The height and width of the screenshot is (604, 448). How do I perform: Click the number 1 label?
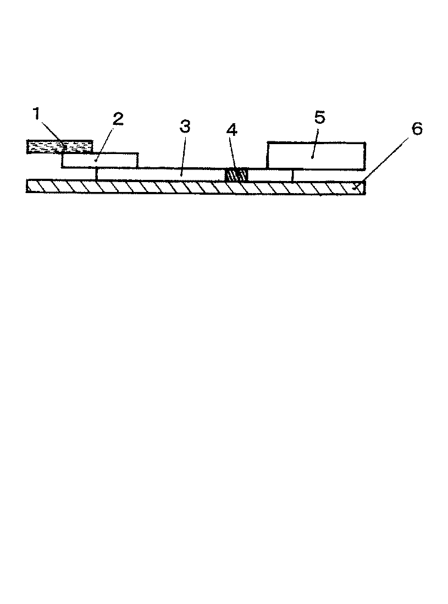(37, 114)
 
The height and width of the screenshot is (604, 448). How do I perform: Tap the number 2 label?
(118, 119)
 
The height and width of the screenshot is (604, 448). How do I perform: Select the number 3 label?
(185, 127)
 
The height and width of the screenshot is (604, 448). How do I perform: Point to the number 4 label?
(232, 130)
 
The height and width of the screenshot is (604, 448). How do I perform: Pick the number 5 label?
(320, 117)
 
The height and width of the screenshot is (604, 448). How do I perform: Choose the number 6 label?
(417, 129)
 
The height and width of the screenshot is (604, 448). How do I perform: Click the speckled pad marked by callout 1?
(59, 147)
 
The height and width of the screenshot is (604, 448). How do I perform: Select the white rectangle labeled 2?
(100, 160)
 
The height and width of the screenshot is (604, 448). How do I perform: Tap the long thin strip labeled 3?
(161, 174)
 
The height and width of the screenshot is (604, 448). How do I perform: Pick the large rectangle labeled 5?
(316, 156)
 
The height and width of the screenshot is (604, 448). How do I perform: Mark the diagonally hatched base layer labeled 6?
(196, 187)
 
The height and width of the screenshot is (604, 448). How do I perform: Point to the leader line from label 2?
(106, 142)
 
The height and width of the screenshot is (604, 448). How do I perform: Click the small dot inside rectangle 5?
(312, 157)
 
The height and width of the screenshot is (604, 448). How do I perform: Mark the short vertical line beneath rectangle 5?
(293, 175)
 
